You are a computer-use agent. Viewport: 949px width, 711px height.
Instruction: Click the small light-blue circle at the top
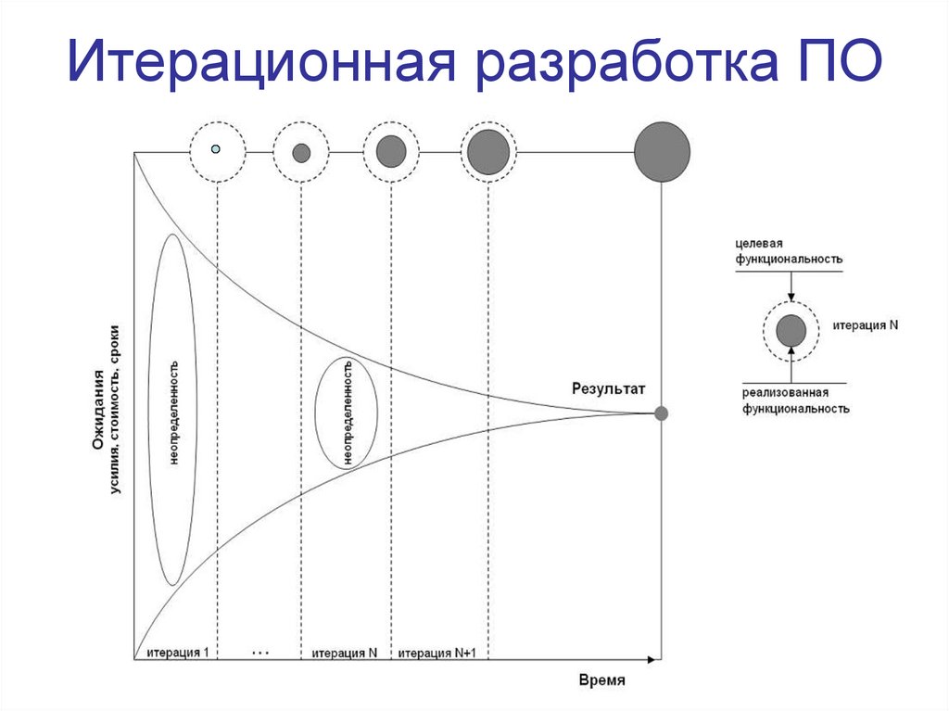click(216, 149)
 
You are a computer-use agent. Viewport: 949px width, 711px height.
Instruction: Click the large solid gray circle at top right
click(662, 152)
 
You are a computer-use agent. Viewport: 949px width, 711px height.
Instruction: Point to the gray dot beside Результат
click(661, 413)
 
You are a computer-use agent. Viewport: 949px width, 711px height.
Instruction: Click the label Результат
click(608, 390)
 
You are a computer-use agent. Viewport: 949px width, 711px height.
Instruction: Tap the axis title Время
click(602, 679)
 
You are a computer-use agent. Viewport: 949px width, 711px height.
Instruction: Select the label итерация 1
click(176, 652)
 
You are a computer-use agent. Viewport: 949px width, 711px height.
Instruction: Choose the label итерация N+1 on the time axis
click(437, 653)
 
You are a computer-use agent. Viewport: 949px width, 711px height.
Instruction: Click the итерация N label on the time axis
click(345, 653)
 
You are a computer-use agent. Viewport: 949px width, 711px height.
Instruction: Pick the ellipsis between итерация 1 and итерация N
click(259, 653)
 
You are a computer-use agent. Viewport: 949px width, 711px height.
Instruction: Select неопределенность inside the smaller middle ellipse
click(347, 413)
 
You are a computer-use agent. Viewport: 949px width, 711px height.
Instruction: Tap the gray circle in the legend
click(791, 331)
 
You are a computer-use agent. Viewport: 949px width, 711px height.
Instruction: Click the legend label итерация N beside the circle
click(866, 326)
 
